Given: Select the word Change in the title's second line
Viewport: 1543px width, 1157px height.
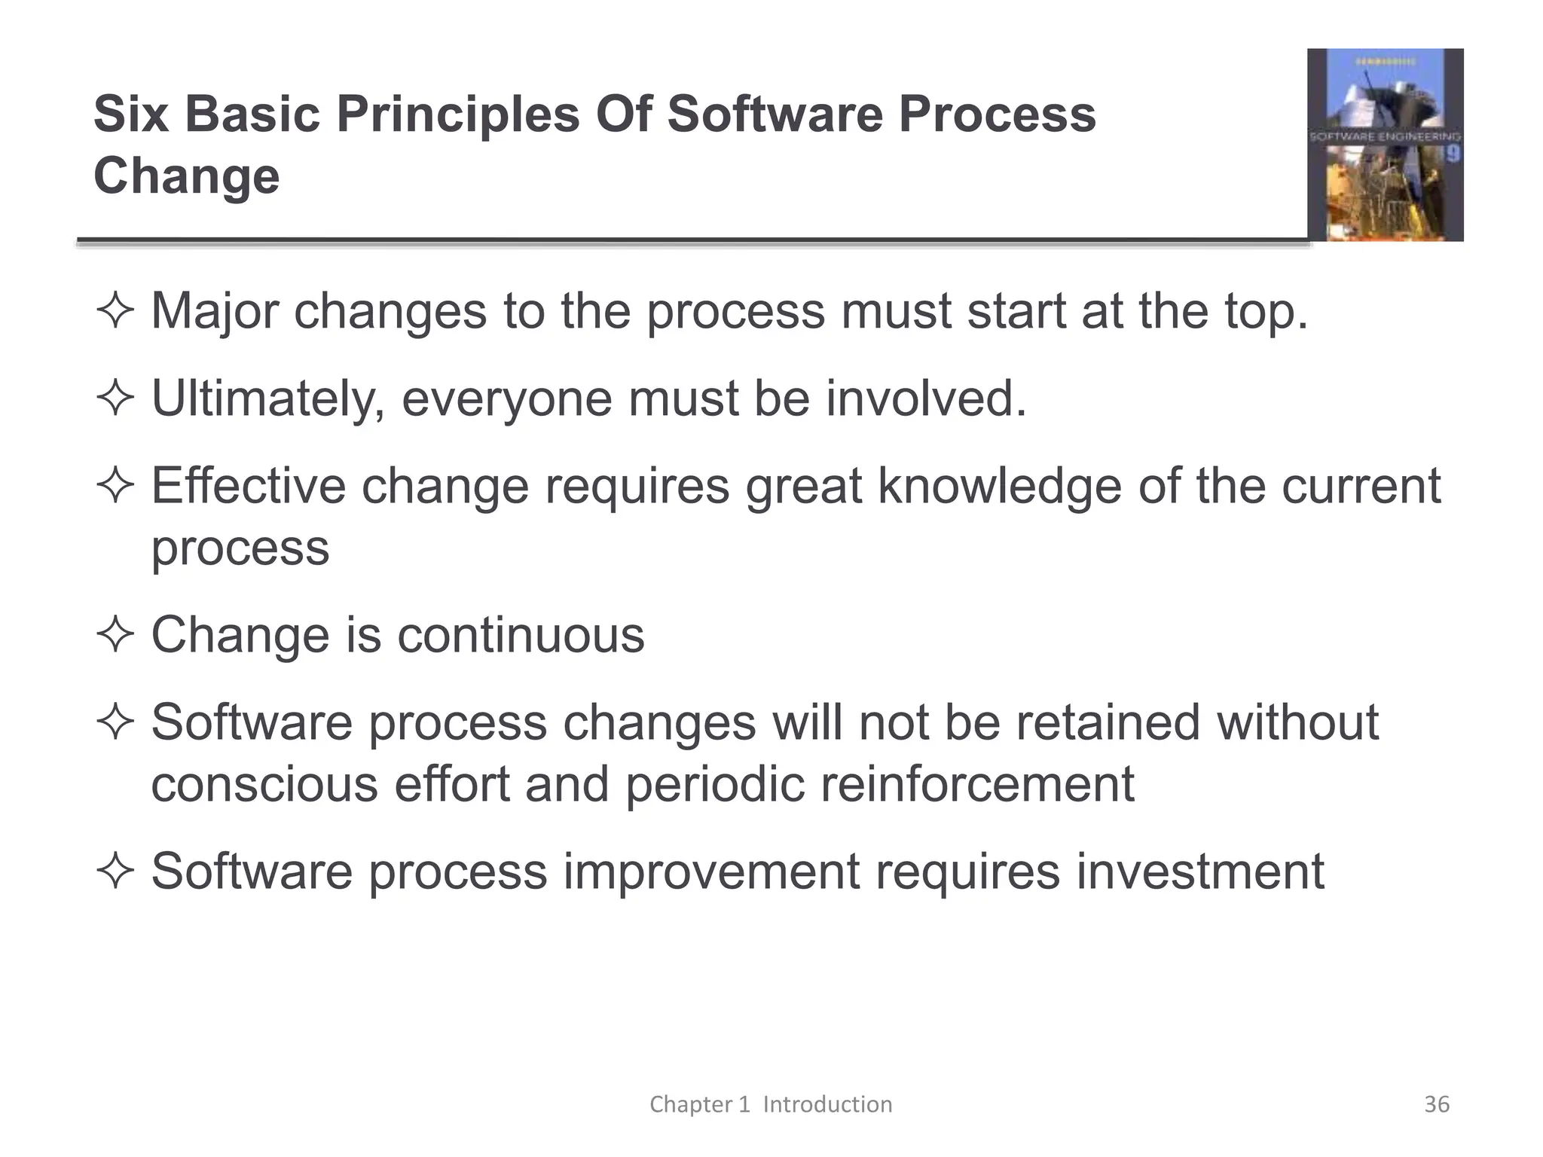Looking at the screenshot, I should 186,176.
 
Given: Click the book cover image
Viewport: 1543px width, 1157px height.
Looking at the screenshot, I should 1385,145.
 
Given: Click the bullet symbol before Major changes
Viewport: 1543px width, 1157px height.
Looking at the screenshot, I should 115,311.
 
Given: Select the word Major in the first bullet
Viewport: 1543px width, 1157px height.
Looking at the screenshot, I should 215,311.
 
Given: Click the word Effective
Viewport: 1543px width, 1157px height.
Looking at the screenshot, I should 248,485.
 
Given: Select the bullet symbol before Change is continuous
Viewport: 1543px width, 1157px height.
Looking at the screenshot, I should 115,634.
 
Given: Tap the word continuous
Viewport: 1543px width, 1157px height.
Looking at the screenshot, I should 521,634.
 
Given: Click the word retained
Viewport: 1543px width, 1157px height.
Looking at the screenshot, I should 1107,722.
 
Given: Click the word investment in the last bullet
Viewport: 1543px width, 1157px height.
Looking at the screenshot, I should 1199,871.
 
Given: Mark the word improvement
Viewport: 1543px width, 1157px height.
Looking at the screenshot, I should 711,872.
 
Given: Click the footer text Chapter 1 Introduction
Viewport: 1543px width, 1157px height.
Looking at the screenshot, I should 771,1104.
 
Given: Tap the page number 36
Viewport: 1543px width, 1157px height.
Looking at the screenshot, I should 1436,1104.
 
